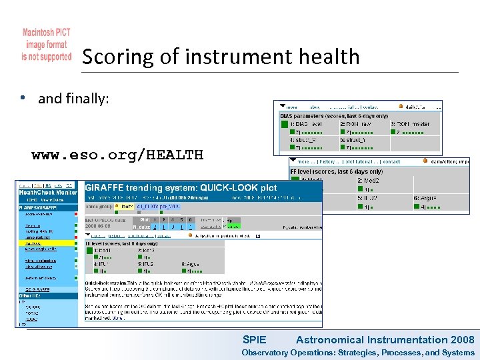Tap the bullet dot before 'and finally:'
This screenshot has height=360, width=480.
(x=23, y=99)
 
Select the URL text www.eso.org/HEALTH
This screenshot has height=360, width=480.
(x=117, y=155)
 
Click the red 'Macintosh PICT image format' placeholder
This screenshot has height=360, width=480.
(x=47, y=45)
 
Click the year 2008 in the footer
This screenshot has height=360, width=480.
(x=462, y=339)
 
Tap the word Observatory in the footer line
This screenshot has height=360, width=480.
(x=265, y=353)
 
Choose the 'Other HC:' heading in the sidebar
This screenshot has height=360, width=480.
(x=29, y=295)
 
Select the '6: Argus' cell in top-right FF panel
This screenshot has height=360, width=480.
(x=427, y=198)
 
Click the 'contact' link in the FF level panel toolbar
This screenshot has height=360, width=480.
(x=391, y=161)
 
